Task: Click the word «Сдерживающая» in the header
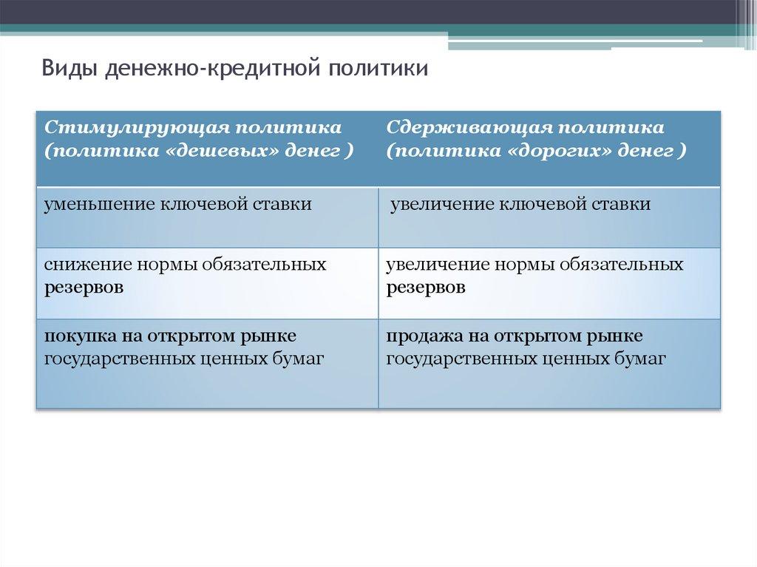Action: [468, 127]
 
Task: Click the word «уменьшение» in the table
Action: [99, 204]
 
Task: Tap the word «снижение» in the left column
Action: [87, 265]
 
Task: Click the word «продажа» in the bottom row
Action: [421, 336]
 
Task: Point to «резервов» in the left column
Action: [84, 288]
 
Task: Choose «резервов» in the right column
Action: [426, 288]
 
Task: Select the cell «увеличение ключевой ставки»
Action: [549, 218]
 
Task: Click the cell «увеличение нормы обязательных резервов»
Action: [549, 284]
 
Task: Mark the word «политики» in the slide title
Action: [378, 68]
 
